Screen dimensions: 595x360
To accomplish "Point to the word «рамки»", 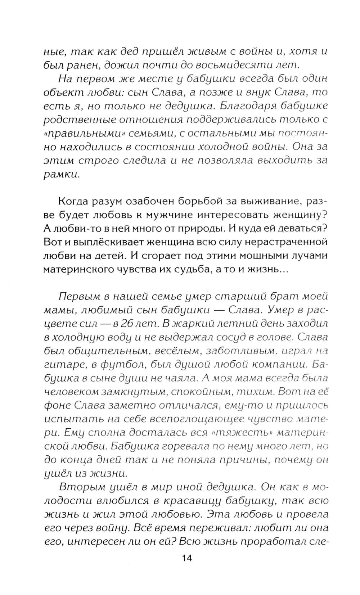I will [60, 174].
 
